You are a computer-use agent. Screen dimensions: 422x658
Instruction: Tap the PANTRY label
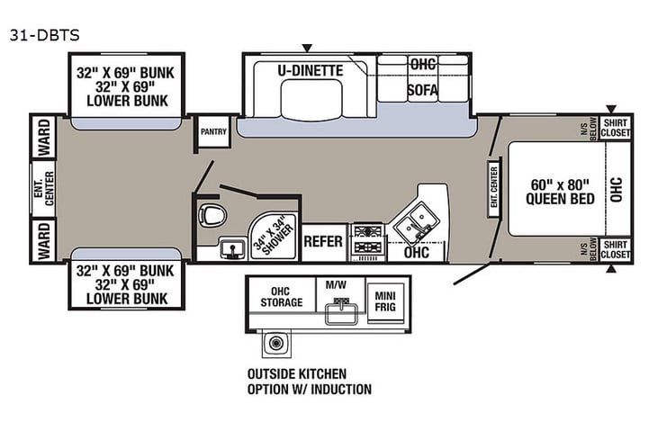click(x=213, y=130)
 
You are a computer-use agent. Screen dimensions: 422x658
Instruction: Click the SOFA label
click(x=422, y=90)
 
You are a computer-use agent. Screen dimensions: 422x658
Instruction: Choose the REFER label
click(x=324, y=242)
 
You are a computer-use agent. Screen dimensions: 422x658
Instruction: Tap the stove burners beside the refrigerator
click(x=368, y=241)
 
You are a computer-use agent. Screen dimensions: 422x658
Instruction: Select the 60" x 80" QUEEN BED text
click(x=560, y=191)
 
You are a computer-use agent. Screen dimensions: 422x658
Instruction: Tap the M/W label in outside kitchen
click(x=335, y=285)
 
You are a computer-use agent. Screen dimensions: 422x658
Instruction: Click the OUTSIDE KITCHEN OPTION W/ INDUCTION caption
click(x=309, y=382)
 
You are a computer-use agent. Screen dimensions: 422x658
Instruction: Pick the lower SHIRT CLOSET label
click(x=616, y=249)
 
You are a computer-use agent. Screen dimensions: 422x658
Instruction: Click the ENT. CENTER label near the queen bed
click(x=494, y=188)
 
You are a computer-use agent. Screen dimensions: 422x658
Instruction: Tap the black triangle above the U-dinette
click(x=308, y=47)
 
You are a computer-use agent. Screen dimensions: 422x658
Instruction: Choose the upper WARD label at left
click(x=43, y=136)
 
